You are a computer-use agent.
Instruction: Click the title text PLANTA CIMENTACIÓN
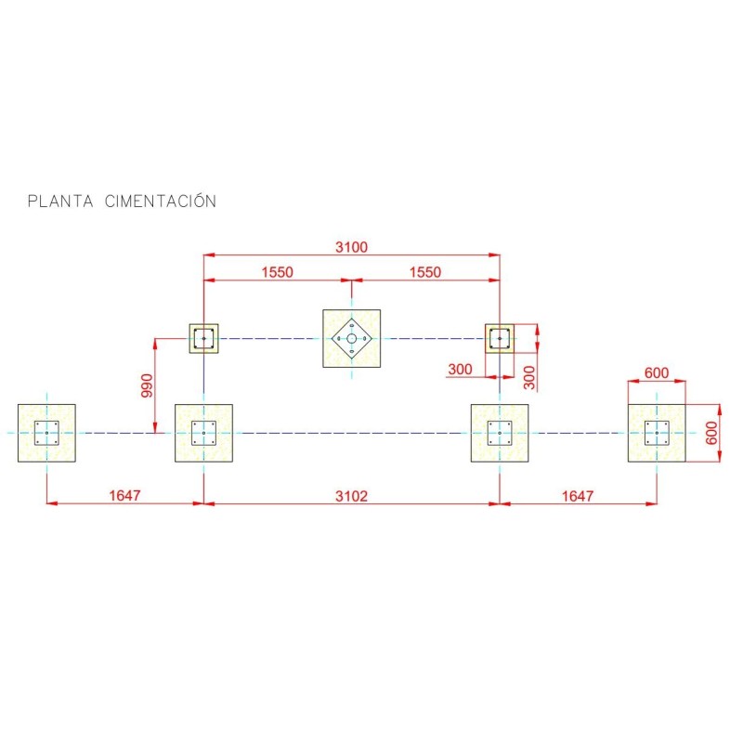pos(122,201)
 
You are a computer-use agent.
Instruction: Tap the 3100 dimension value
pos(351,247)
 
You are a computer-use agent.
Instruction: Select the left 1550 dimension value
pos(277,272)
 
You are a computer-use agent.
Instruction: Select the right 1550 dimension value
pos(425,272)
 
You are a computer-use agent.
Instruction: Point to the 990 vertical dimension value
pos(147,385)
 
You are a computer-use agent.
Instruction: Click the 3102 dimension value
pos(351,496)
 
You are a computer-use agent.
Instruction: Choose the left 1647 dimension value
pos(124,496)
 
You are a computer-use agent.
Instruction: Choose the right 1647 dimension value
pos(577,496)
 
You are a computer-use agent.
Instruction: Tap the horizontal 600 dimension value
pos(657,373)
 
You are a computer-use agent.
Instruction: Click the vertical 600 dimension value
pos(711,433)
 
